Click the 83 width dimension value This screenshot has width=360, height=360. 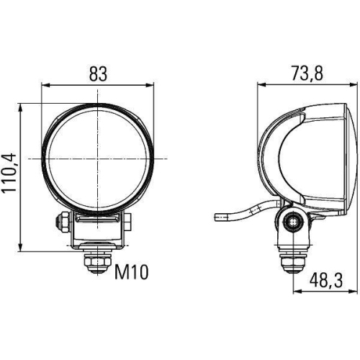(x=99, y=72)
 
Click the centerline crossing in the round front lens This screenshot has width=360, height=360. (x=99, y=158)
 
